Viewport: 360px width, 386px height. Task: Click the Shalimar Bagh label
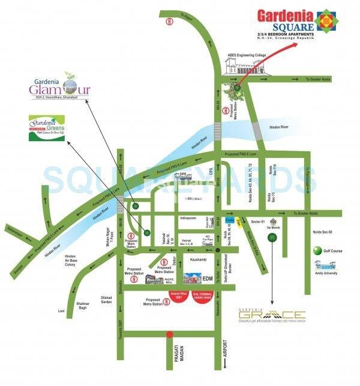[x=87, y=307]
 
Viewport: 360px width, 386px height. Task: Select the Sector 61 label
[x=257, y=220]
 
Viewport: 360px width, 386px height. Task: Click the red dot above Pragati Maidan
[x=170, y=334]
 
